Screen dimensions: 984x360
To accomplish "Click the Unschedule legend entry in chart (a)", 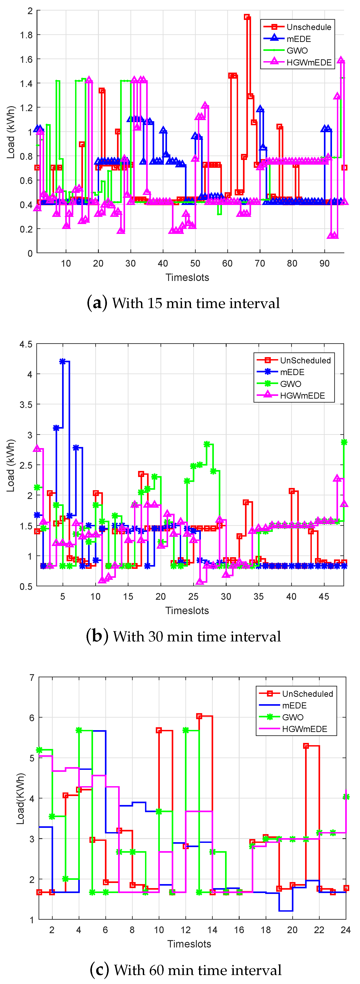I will [308, 27].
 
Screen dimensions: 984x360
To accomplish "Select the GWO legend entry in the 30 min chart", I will [291, 384].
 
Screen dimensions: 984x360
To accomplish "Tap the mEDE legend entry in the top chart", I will [299, 39].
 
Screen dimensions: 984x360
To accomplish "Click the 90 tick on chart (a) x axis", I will [324, 263].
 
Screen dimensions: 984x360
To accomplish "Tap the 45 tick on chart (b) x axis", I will [324, 597].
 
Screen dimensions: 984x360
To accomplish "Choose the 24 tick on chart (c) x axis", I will [345, 930].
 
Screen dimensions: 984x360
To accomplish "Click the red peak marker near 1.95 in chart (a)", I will [247, 17].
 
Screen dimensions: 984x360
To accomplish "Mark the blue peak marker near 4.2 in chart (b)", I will [63, 361].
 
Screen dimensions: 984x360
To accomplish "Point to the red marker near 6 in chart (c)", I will [199, 716].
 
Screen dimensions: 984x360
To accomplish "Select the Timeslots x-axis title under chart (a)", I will [187, 278].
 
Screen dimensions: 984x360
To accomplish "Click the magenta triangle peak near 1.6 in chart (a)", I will [341, 60].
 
